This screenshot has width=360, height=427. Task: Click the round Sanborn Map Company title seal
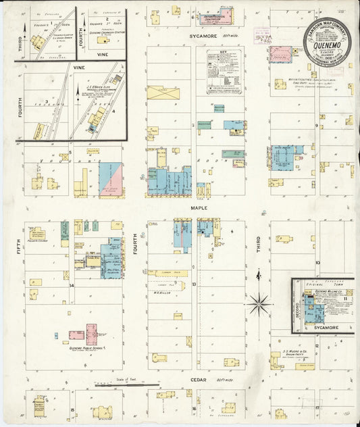(x=327, y=41)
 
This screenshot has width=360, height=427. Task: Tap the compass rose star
(x=259, y=304)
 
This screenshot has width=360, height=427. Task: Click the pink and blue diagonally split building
(x=111, y=178)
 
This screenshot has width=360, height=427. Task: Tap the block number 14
(x=71, y=285)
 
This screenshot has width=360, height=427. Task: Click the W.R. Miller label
(x=160, y=293)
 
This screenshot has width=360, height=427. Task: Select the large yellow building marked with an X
(x=163, y=93)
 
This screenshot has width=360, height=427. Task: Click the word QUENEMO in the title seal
(x=328, y=39)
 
